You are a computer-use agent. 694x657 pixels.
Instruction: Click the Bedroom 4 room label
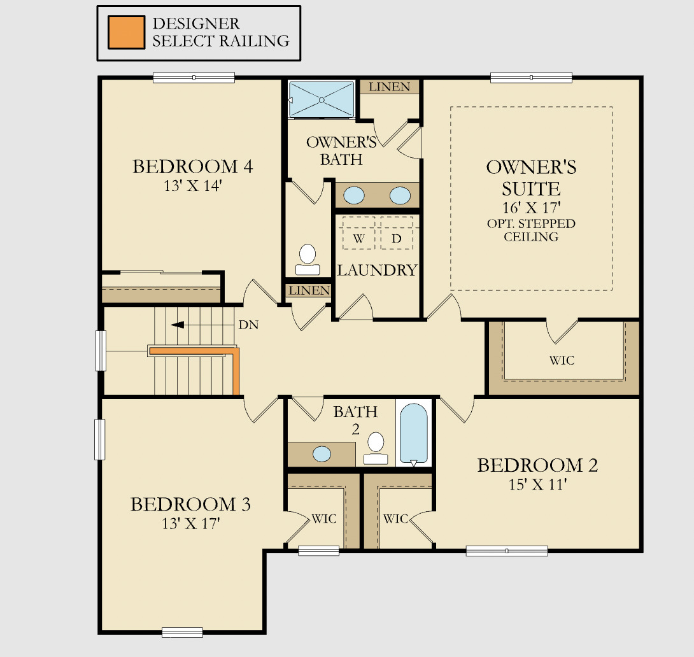(192, 167)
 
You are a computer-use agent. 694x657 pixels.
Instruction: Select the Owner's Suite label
(531, 178)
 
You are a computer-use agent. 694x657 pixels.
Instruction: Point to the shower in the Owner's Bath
(322, 99)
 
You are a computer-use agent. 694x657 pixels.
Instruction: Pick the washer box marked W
(359, 238)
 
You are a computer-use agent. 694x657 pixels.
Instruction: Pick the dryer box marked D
(396, 238)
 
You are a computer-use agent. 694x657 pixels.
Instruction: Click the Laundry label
(377, 270)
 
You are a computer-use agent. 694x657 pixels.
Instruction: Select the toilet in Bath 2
(376, 448)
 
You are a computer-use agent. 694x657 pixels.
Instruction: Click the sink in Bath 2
(322, 454)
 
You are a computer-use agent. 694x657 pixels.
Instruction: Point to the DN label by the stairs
(248, 325)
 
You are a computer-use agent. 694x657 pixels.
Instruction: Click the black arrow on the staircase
(178, 325)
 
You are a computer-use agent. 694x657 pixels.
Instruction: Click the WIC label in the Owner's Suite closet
(562, 360)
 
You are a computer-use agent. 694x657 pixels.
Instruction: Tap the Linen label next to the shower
(389, 87)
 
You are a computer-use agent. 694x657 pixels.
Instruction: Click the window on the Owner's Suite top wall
(531, 78)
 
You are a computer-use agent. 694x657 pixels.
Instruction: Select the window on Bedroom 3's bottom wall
(182, 632)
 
